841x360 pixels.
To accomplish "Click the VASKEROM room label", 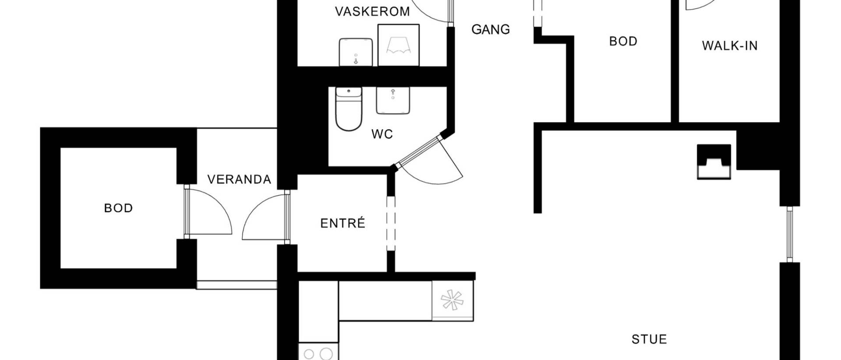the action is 372,11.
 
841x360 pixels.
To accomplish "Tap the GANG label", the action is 491,30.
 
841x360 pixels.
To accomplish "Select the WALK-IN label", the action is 730,46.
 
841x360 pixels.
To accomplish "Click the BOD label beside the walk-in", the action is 623,41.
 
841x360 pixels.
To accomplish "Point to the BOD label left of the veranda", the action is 118,208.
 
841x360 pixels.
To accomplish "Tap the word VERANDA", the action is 239,180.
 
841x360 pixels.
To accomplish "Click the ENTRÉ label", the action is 343,223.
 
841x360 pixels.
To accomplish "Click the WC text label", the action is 382,134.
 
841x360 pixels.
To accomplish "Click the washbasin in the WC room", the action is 393,101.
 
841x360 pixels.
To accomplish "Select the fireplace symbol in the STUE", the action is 714,162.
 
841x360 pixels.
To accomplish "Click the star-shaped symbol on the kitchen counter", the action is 452,300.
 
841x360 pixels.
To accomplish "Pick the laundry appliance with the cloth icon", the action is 399,45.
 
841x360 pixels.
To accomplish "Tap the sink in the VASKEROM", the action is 356,53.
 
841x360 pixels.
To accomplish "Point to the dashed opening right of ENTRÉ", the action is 391,223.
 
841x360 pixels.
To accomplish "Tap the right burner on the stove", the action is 326,354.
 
